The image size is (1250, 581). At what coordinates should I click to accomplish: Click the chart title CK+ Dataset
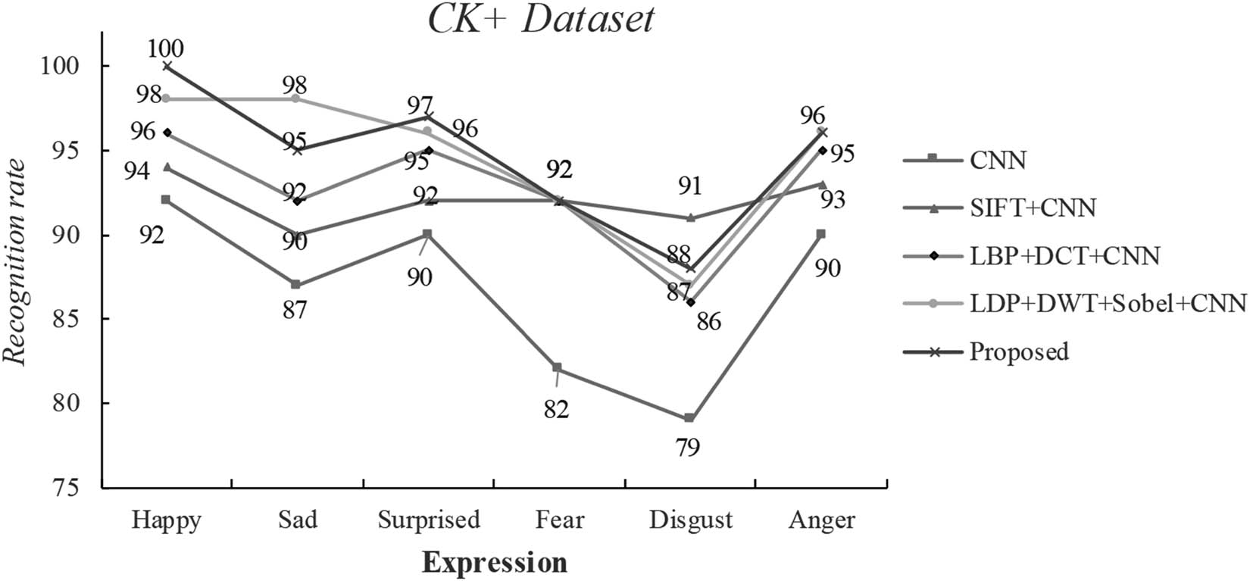540,20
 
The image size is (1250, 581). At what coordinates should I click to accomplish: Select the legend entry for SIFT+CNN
1033,207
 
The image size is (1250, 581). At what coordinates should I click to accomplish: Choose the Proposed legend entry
1019,351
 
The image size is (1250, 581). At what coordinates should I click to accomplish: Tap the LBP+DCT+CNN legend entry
1064,255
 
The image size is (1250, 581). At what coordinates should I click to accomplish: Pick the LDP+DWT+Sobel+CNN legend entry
1107,304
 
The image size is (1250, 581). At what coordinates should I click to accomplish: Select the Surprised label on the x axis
429,520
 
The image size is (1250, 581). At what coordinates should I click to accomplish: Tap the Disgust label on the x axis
691,520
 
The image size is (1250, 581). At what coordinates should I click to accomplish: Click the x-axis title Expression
494,563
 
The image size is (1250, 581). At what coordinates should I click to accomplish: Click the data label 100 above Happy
167,48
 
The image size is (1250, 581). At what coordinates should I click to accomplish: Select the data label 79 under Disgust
688,448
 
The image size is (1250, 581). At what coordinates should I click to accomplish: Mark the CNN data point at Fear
558,367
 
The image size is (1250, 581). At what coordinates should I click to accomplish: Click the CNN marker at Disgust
689,418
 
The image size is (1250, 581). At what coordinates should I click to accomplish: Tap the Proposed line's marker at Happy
167,67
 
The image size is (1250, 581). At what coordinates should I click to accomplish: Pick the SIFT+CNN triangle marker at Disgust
689,218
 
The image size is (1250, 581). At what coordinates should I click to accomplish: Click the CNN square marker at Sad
295,285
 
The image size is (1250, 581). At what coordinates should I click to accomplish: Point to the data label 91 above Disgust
689,186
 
